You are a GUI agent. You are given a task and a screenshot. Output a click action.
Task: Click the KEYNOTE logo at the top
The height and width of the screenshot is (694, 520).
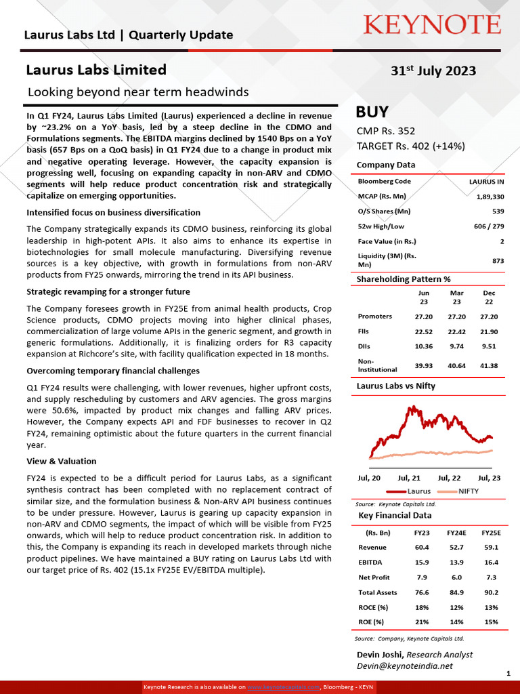[432, 25]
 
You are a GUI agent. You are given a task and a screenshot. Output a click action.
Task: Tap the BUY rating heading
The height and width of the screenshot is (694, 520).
[372, 113]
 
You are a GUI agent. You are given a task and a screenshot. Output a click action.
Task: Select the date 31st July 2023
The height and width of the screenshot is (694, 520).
[433, 71]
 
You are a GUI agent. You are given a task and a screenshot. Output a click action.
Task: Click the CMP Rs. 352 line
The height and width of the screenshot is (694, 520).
[386, 131]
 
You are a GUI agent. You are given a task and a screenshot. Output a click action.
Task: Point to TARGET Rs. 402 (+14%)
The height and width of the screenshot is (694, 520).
[410, 146]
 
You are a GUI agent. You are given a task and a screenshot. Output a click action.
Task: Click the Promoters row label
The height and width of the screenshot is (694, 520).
[375, 317]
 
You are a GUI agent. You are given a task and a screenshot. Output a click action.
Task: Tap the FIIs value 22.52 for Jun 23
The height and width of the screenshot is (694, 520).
[424, 332]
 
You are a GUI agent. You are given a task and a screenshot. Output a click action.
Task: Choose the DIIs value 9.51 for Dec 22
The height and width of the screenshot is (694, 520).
[489, 347]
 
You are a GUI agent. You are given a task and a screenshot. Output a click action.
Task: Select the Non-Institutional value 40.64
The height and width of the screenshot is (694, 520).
[457, 366]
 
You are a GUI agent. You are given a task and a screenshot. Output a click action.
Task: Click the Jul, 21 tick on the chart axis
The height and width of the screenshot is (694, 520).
[409, 478]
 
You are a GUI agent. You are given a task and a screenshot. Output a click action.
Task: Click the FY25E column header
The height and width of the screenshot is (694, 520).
[491, 533]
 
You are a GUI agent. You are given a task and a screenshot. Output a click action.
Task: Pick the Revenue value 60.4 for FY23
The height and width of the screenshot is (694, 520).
[422, 548]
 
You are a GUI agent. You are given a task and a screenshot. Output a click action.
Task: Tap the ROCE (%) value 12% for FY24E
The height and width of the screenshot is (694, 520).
[456, 607]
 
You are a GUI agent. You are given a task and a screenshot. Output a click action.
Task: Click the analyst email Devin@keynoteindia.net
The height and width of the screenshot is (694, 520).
[404, 666]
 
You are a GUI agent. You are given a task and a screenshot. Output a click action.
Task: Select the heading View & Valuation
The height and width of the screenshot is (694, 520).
[62, 461]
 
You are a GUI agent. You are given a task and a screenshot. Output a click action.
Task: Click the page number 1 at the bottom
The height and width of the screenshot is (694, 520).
[508, 673]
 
